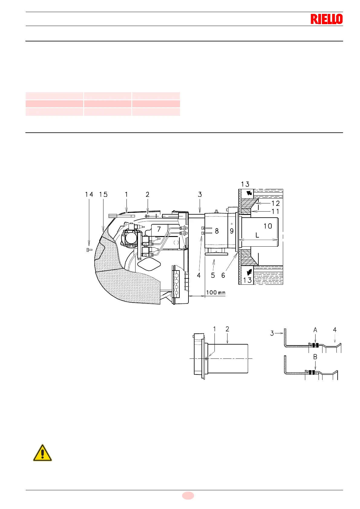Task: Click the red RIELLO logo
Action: click(326, 19)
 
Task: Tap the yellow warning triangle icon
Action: click(42, 453)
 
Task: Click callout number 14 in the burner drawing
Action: click(89, 195)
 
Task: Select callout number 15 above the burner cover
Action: click(103, 195)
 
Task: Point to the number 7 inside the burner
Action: click(159, 229)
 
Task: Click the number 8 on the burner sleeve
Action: click(217, 231)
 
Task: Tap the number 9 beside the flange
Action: click(232, 231)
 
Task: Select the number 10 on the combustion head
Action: click(268, 226)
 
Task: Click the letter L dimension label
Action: click(257, 235)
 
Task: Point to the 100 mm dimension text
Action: click(216, 293)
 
